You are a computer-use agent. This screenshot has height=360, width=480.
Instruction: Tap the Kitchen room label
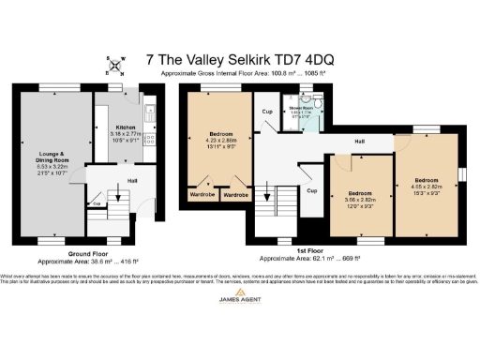[x=126, y=127]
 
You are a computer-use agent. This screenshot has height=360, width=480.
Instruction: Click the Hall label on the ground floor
[x=132, y=180]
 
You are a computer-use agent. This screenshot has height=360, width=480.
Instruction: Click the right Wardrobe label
[x=235, y=195]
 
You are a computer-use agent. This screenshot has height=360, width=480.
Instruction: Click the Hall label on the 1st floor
[x=359, y=142]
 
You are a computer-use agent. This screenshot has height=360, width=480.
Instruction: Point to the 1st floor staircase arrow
[x=276, y=201]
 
